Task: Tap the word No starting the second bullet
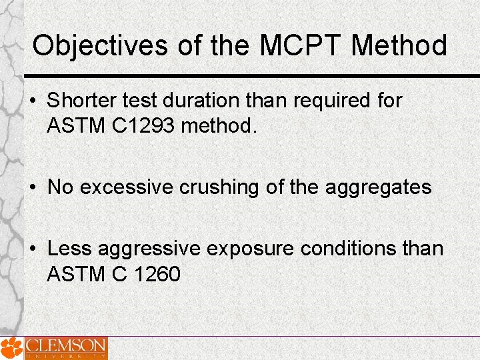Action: tap(60, 187)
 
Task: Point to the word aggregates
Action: tap(378, 188)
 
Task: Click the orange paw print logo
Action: tap(11, 348)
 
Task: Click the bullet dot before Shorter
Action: tap(35, 101)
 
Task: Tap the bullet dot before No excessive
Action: tap(35, 187)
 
